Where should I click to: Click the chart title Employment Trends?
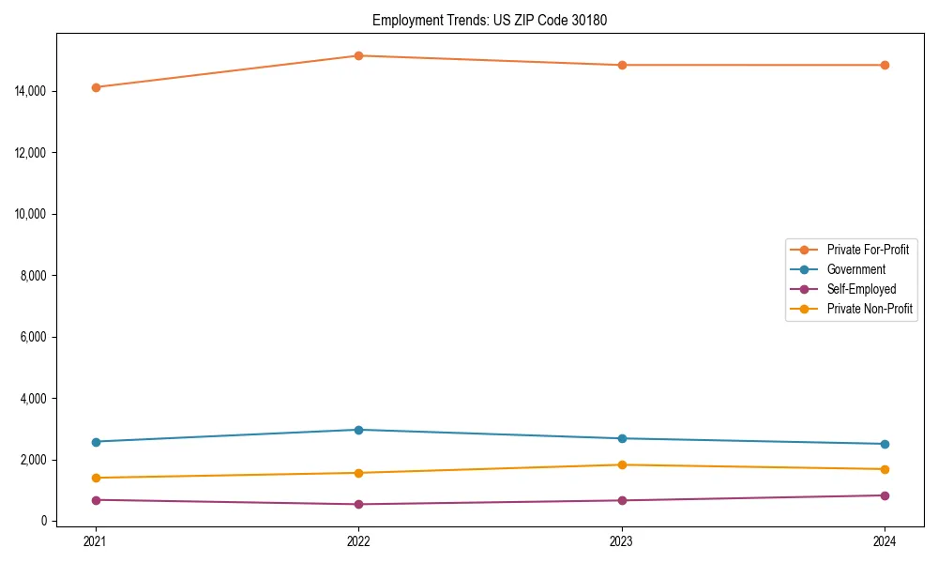coord(490,20)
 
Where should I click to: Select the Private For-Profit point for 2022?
coord(358,55)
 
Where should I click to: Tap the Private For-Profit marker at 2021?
coord(96,87)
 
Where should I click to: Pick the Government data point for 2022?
coord(358,430)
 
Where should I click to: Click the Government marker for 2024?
coord(885,444)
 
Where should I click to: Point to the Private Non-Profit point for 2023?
coord(622,464)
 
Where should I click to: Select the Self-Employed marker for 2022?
coord(358,504)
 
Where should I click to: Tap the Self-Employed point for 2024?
coord(885,495)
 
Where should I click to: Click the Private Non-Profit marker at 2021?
coord(96,478)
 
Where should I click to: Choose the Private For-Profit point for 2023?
coord(622,65)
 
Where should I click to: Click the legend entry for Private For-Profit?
coord(867,250)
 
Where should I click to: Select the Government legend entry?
coord(855,269)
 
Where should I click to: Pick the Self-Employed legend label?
coord(861,289)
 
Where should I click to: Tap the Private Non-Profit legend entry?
coord(870,309)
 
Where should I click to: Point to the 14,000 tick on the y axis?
coord(31,91)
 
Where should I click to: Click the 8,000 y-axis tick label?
coord(34,276)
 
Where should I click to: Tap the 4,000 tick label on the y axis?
coord(34,399)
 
